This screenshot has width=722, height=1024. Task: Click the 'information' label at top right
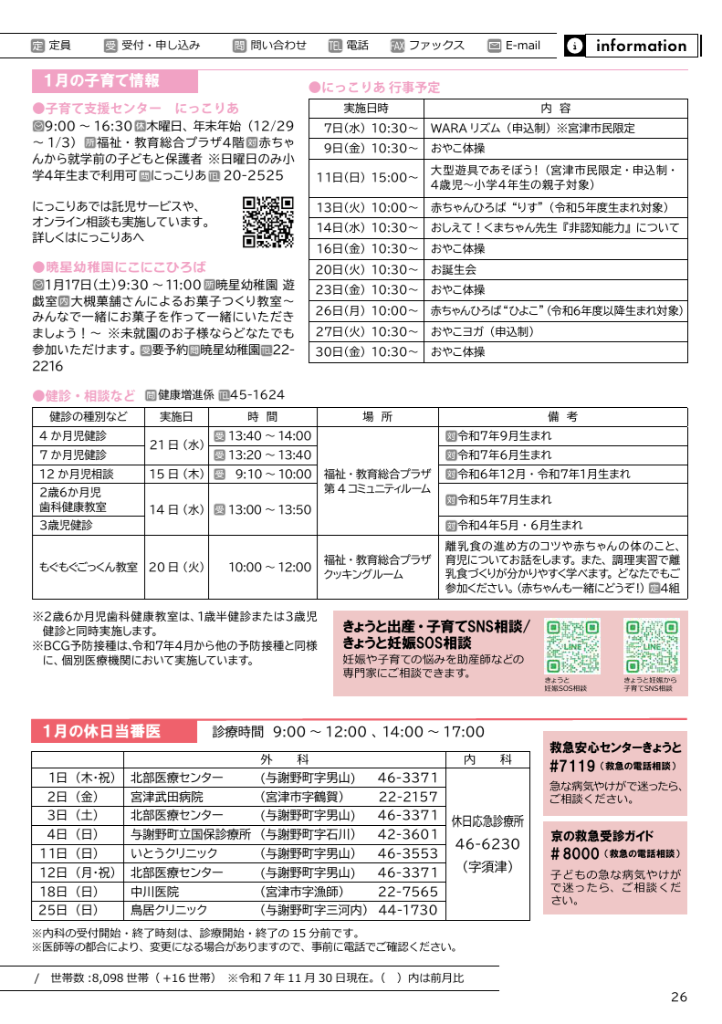pos(640,46)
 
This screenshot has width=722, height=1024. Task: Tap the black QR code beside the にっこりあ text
pos(267,223)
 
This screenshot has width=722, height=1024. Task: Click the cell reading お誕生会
pos(454,269)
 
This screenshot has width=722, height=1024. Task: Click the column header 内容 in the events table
pos(555,108)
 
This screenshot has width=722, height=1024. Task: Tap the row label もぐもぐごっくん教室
pos(89,566)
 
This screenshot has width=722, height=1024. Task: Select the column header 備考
pos(562,416)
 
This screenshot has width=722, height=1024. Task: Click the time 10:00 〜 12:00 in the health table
pos(270,566)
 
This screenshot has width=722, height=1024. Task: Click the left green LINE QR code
pos(571,646)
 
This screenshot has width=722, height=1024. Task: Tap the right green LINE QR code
pos(651,646)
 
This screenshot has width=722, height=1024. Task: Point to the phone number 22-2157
pos(408,797)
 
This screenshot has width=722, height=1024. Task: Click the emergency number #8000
pos(575,853)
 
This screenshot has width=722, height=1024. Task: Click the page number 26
pos(678,997)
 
